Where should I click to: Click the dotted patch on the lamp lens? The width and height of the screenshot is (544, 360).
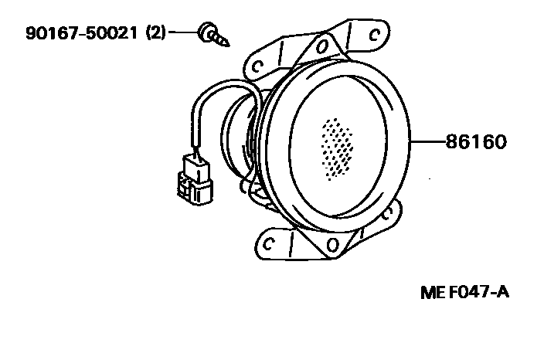(337, 148)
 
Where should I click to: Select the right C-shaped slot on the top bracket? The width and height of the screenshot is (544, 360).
(375, 34)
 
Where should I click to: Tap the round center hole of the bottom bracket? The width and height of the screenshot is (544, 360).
(331, 246)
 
